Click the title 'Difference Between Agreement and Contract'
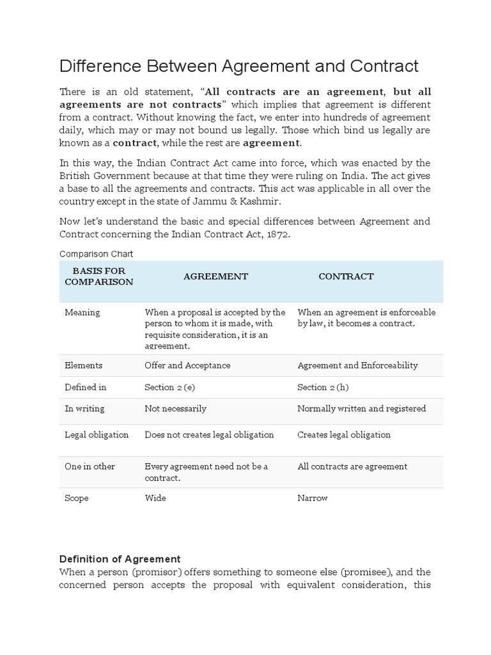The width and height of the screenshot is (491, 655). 239,66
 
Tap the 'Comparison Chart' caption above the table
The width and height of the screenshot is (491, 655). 96,254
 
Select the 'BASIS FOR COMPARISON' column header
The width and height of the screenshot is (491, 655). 99,276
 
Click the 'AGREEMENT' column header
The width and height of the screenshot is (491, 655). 215,276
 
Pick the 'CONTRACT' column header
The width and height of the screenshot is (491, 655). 346,276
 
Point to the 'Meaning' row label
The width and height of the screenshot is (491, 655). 82,312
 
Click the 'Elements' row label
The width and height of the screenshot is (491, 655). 83,365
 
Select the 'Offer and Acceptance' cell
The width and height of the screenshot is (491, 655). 187,365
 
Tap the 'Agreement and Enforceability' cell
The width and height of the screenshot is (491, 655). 357,365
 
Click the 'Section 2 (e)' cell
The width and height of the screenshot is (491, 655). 171,387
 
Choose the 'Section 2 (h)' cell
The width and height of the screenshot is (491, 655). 323,387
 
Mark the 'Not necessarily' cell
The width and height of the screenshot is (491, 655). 175,408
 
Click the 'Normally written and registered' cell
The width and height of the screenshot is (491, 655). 361,408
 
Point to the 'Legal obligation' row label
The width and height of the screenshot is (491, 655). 97,434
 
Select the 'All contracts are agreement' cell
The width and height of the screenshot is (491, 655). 352,466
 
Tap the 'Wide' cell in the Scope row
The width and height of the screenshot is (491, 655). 155,498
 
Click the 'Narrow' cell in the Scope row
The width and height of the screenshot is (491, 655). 313,498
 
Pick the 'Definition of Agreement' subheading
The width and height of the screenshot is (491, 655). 120,558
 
